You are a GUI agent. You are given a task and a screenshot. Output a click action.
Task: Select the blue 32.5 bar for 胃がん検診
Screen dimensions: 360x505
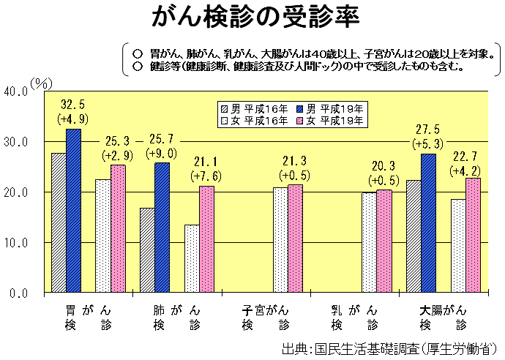73,211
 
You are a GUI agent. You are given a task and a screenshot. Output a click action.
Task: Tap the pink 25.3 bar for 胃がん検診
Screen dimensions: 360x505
118,228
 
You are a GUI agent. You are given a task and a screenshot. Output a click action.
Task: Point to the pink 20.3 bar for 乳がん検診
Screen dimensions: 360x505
384,241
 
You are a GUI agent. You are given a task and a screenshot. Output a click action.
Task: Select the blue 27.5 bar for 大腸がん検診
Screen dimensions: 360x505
428,223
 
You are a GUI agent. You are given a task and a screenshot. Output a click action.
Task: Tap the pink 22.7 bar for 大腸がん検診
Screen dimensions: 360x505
473,236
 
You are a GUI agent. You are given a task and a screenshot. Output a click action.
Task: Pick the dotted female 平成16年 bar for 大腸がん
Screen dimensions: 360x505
458,246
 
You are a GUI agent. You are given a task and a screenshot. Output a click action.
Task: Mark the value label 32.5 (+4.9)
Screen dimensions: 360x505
73,110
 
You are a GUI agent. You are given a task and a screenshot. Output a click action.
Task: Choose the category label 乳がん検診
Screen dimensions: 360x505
354,317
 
